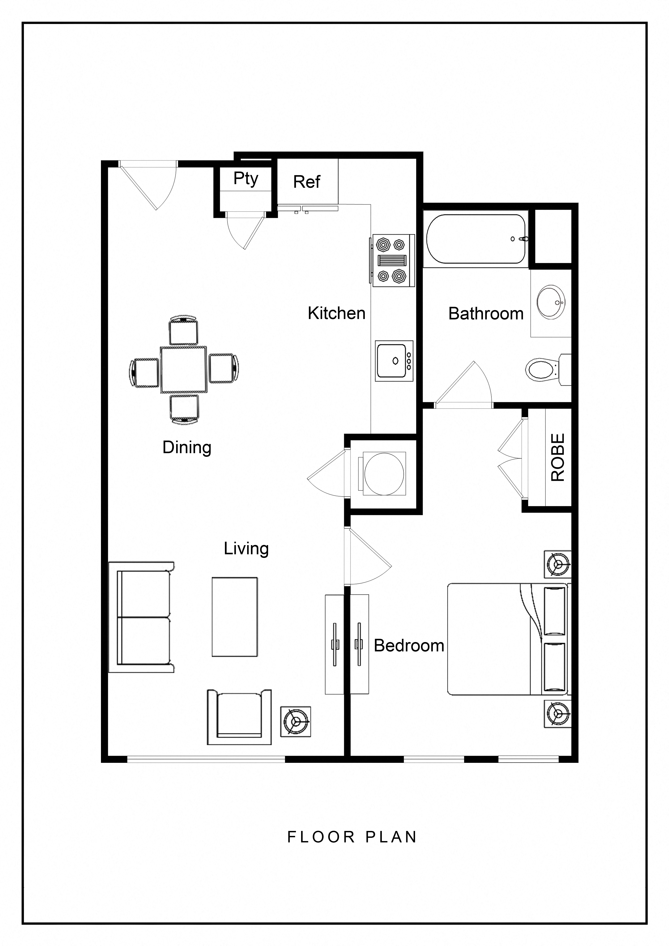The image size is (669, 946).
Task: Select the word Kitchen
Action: tap(337, 313)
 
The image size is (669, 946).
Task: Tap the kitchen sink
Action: tap(394, 361)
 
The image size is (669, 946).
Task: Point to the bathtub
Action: tap(476, 239)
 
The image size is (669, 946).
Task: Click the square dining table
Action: tap(184, 370)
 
